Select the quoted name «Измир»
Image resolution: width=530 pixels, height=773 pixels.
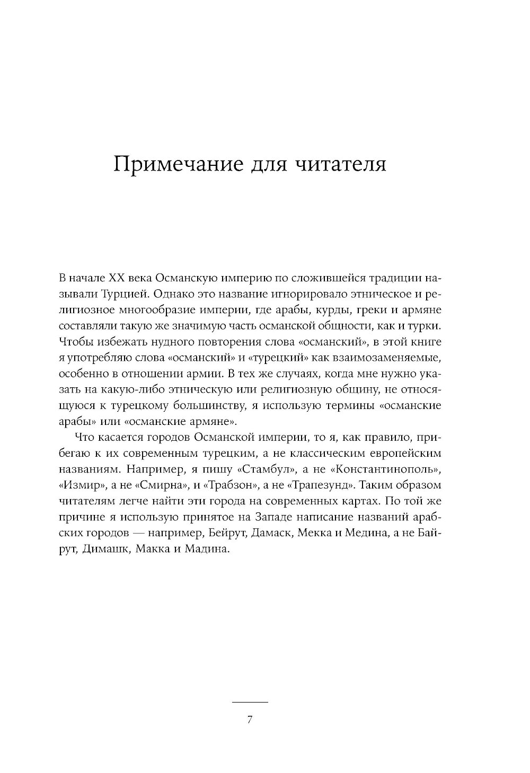point(79,485)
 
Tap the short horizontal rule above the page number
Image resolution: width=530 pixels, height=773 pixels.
point(250,702)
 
